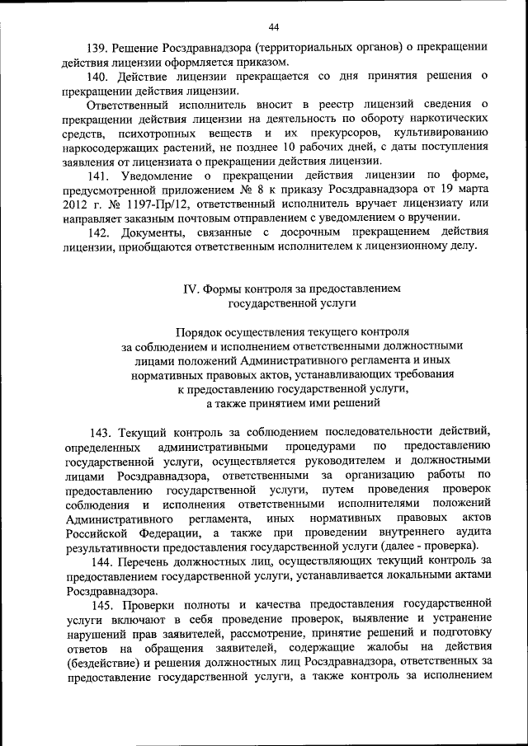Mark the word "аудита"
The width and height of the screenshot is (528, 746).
pyautogui.click(x=471, y=532)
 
